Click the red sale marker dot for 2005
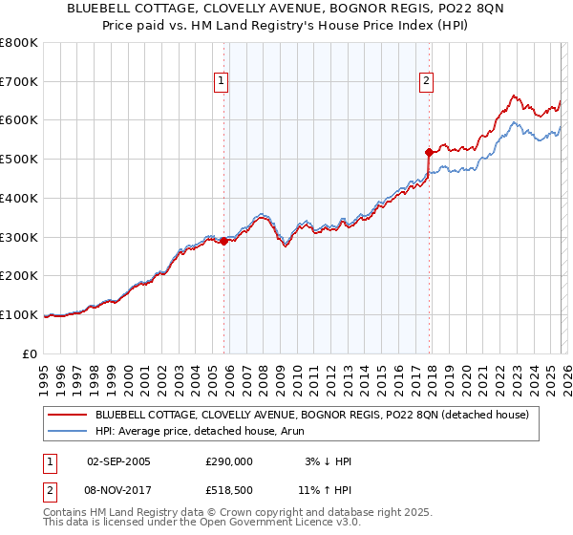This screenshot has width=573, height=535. pyautogui.click(x=224, y=241)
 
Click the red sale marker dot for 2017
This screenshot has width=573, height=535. pyautogui.click(x=429, y=151)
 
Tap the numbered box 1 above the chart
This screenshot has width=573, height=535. pyautogui.click(x=221, y=82)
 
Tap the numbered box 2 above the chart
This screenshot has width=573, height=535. pyautogui.click(x=426, y=82)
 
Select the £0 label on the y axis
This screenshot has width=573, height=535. pyautogui.click(x=31, y=353)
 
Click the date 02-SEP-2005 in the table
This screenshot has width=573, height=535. pyautogui.click(x=118, y=461)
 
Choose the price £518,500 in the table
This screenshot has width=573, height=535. pyautogui.click(x=228, y=489)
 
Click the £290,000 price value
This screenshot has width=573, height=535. pyautogui.click(x=228, y=461)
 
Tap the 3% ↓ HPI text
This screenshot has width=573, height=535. pyautogui.click(x=328, y=461)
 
